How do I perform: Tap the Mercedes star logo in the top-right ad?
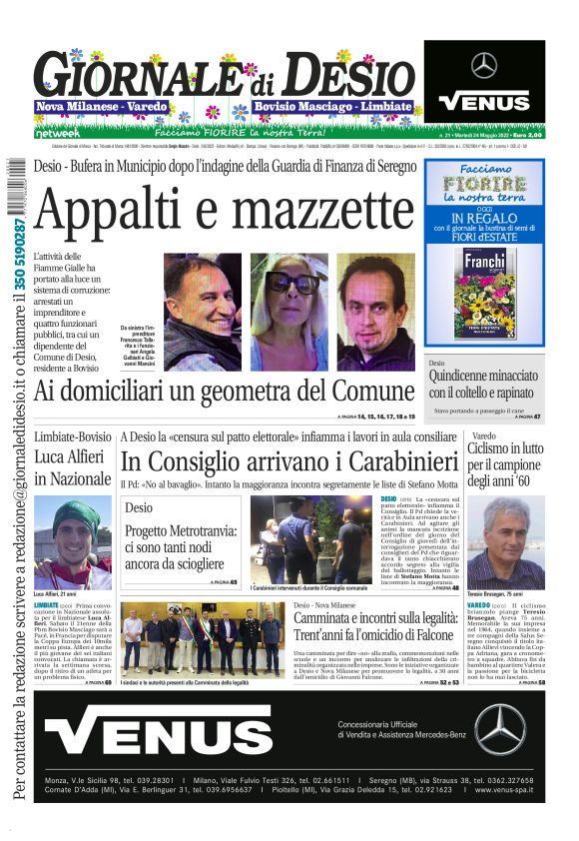484,66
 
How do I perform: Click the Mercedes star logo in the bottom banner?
499,729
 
